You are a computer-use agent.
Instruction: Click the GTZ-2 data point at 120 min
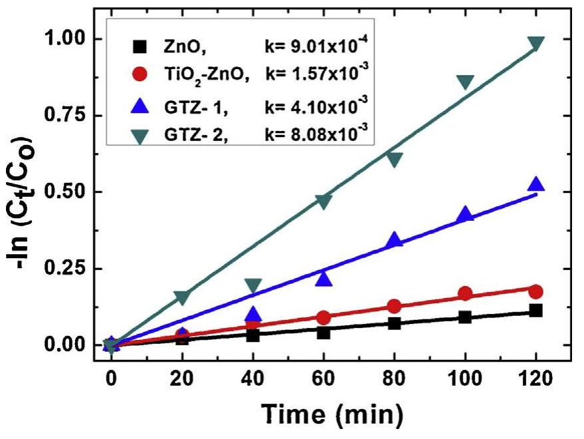(535, 43)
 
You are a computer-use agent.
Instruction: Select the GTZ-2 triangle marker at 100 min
(465, 82)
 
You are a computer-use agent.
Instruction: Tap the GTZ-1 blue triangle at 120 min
(535, 185)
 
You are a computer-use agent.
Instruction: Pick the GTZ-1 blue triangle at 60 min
(324, 279)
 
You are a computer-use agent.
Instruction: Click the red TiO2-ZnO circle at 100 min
(465, 294)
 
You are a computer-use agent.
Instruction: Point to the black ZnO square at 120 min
(535, 311)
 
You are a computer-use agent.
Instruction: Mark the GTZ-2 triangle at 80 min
(395, 159)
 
